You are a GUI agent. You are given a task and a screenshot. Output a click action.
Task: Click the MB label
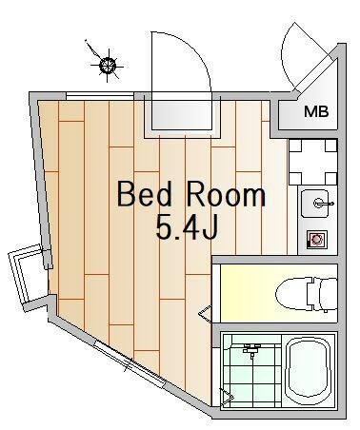pyautogui.click(x=316, y=111)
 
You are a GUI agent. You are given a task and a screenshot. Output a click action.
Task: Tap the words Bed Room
pyautogui.click(x=191, y=194)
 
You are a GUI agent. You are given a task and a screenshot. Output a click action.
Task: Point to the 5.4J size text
pyautogui.click(x=187, y=227)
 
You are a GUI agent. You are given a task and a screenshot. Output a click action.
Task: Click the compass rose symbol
pyautogui.click(x=107, y=65)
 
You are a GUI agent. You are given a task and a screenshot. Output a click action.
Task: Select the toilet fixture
pyautogui.click(x=307, y=295)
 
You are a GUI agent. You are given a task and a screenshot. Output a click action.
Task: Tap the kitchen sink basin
pyautogui.click(x=316, y=204)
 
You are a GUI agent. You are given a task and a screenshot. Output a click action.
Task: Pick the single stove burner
pyautogui.click(x=316, y=240)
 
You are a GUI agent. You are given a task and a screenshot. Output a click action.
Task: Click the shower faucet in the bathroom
pyautogui.click(x=251, y=350)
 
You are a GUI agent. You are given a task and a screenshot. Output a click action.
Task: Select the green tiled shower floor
pyautogui.click(x=252, y=369)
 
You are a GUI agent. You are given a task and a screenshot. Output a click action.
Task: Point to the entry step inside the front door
pyautogui.click(x=182, y=115)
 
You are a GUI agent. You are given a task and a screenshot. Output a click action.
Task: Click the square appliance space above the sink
pyautogui.click(x=313, y=162)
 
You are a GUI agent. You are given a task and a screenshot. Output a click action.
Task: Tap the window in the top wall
pyautogui.click(x=99, y=96)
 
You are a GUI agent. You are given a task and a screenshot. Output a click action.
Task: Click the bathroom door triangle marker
pyautogui.click(x=228, y=398)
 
